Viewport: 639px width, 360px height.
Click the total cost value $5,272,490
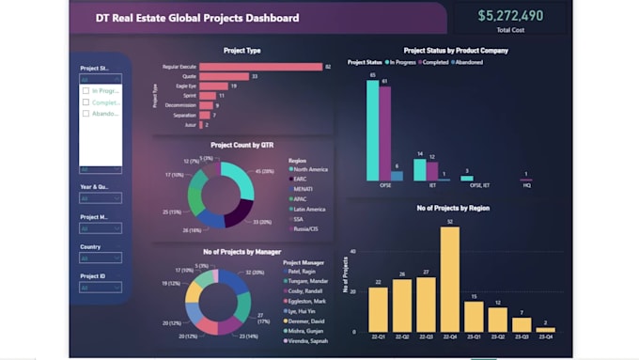point(509,16)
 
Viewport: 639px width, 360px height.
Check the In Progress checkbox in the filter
point(86,90)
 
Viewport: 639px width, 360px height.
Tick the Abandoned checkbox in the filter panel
point(86,114)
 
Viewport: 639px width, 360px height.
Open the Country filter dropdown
point(100,259)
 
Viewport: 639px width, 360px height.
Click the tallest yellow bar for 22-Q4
point(449,279)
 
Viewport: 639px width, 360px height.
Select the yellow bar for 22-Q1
point(378,310)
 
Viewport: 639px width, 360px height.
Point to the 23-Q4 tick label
point(545,337)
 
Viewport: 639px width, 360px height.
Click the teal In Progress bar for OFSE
point(373,130)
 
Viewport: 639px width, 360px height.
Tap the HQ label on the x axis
point(526,184)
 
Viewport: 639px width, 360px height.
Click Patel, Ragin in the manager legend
point(306,272)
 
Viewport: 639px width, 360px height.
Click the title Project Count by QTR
point(242,146)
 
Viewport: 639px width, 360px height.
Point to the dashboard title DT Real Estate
point(197,18)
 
